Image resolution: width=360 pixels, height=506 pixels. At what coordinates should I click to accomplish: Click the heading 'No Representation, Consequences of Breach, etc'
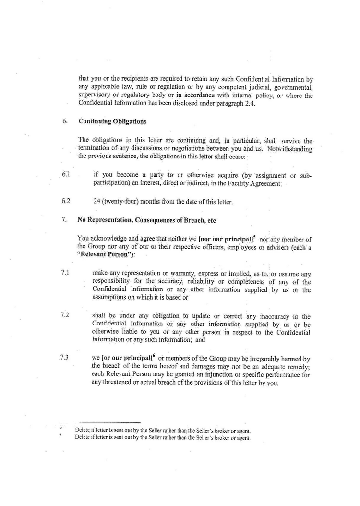pos(146,220)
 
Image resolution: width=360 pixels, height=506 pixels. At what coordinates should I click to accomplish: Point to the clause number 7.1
pos(66,272)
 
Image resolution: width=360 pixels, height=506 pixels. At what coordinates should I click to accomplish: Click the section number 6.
pos(64,121)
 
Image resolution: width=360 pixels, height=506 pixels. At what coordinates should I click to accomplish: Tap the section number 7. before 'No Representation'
pos(64,220)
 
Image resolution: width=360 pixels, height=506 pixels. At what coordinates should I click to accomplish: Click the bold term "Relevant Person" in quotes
pos(101,254)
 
